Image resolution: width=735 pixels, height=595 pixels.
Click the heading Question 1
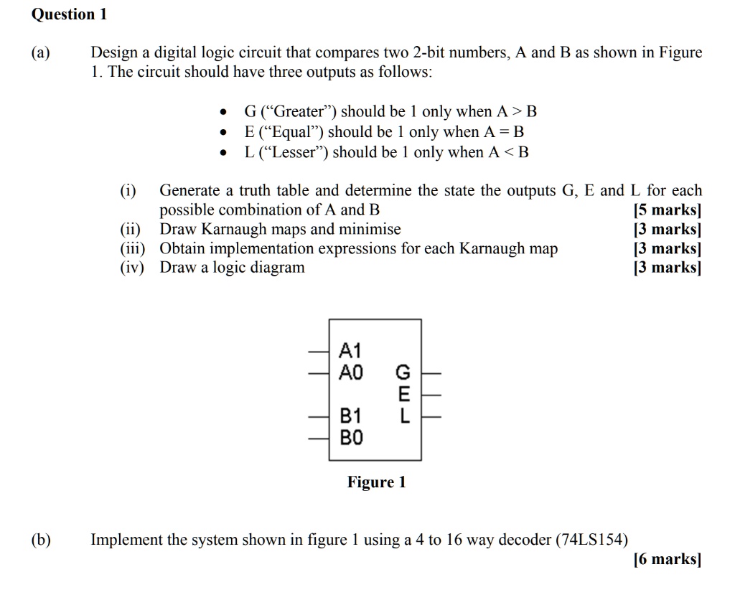69,14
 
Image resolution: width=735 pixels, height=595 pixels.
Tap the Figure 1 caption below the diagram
377,482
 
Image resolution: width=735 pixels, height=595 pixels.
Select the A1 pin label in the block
350,350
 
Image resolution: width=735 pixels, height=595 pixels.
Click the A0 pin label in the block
352,372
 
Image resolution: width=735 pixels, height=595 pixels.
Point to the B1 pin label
351,416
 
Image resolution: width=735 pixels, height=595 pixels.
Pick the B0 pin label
352,436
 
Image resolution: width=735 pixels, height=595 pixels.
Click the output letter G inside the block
403,373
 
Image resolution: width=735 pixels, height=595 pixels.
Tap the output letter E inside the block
403,394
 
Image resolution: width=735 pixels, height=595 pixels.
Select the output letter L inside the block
403,416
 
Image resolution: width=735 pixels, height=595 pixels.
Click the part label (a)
41,53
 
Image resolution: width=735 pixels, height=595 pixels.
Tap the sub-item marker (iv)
132,268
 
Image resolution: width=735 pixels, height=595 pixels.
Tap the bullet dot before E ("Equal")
225,133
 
